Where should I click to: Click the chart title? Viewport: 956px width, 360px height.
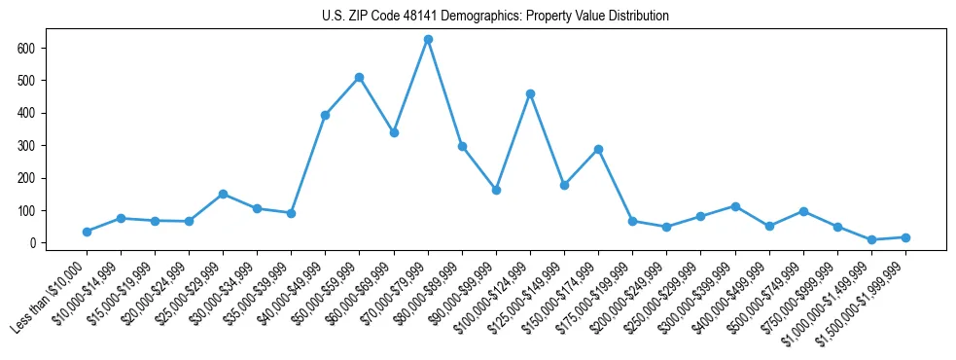pyautogui.click(x=495, y=17)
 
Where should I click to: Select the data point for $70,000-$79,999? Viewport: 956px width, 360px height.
pyautogui.click(x=428, y=39)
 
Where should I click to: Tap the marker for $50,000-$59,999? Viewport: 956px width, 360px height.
pyautogui.click(x=360, y=77)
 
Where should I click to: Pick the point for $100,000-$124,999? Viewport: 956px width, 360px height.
pyautogui.click(x=530, y=93)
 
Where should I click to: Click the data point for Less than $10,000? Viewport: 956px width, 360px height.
pyautogui.click(x=87, y=232)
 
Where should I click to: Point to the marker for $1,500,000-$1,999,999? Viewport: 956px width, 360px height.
pyautogui.click(x=905, y=237)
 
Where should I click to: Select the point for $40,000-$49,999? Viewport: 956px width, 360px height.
pyautogui.click(x=326, y=115)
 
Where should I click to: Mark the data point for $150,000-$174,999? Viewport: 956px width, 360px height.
pyautogui.click(x=598, y=149)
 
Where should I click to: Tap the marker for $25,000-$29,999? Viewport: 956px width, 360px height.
pyautogui.click(x=223, y=194)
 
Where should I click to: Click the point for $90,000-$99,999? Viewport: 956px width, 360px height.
pyautogui.click(x=496, y=190)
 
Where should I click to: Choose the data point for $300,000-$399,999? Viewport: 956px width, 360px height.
pyautogui.click(x=735, y=206)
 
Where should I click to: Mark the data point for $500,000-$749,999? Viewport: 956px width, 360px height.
pyautogui.click(x=803, y=211)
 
